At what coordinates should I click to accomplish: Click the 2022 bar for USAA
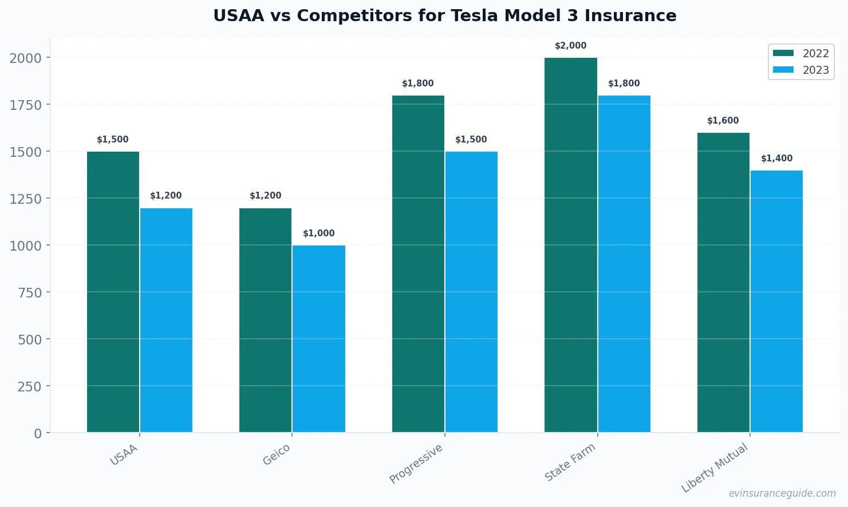pyautogui.click(x=113, y=292)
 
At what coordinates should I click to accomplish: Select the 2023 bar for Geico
pyautogui.click(x=319, y=339)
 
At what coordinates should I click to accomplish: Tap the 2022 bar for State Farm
pyautogui.click(x=570, y=245)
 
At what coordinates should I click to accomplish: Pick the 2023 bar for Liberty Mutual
pyautogui.click(x=776, y=301)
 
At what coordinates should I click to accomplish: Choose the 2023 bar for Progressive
pyautogui.click(x=471, y=292)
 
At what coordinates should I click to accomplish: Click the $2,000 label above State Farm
pyautogui.click(x=570, y=46)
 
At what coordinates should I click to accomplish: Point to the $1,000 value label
pyautogui.click(x=319, y=233)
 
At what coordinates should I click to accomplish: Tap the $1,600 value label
pyautogui.click(x=723, y=121)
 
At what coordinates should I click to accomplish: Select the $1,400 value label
pyautogui.click(x=776, y=159)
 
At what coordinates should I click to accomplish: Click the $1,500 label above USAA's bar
pyautogui.click(x=113, y=140)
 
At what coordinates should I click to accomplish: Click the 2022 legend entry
pyautogui.click(x=800, y=53)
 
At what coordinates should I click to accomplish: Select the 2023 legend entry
pyautogui.click(x=800, y=70)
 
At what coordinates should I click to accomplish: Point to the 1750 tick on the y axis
pyautogui.click(x=26, y=105)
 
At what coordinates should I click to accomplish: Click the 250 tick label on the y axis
pyautogui.click(x=30, y=386)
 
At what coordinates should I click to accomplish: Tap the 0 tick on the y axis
pyautogui.click(x=38, y=433)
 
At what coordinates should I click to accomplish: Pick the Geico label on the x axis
pyautogui.click(x=277, y=455)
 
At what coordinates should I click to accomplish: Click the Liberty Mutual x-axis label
pyautogui.click(x=715, y=468)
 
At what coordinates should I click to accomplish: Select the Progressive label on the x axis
pyautogui.click(x=416, y=464)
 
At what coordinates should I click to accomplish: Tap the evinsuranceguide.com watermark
pyautogui.click(x=782, y=493)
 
